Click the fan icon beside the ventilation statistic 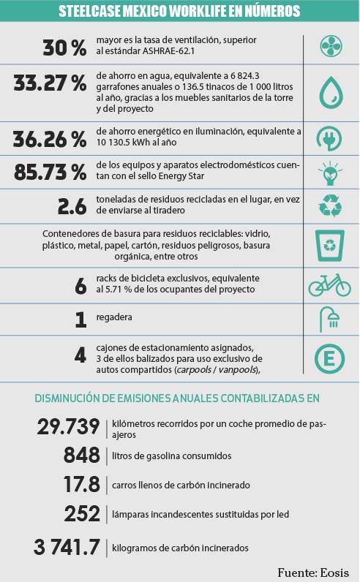click(331, 46)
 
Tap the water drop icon click(331, 93)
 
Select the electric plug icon click(329, 138)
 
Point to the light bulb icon click(330, 173)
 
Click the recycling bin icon click(329, 246)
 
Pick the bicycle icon click(329, 285)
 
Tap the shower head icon click(330, 320)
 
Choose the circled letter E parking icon click(329, 358)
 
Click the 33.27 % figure click(50, 83)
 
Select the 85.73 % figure click(50, 173)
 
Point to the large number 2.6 click(72, 206)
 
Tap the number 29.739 click(68, 426)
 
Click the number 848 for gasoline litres click(82, 455)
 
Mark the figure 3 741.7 click(67, 547)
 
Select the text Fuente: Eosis click(313, 572)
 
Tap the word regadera click(114, 317)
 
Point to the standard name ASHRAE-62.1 click(169, 51)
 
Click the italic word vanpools click(238, 370)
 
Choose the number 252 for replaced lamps click(82, 514)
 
